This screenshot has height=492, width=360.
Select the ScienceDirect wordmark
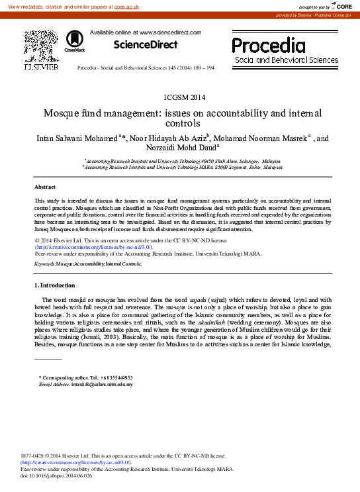pos(146,45)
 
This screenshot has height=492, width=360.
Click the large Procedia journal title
pos(268,46)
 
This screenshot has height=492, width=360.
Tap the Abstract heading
pos(45,187)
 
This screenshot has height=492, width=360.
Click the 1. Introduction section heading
pos(55,285)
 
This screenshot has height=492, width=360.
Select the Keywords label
pos(45,264)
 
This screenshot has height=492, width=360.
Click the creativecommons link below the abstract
pos(93,246)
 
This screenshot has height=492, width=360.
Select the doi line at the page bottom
pos(56,475)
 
